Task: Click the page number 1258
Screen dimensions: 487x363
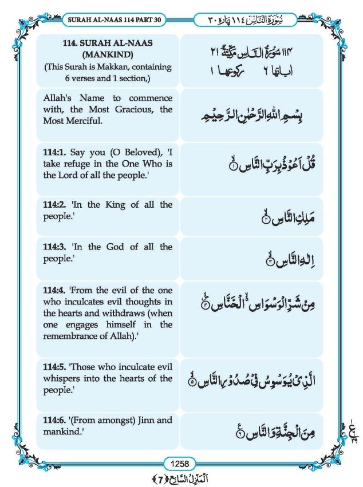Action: point(181,463)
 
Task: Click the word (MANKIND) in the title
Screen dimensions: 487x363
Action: point(108,56)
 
